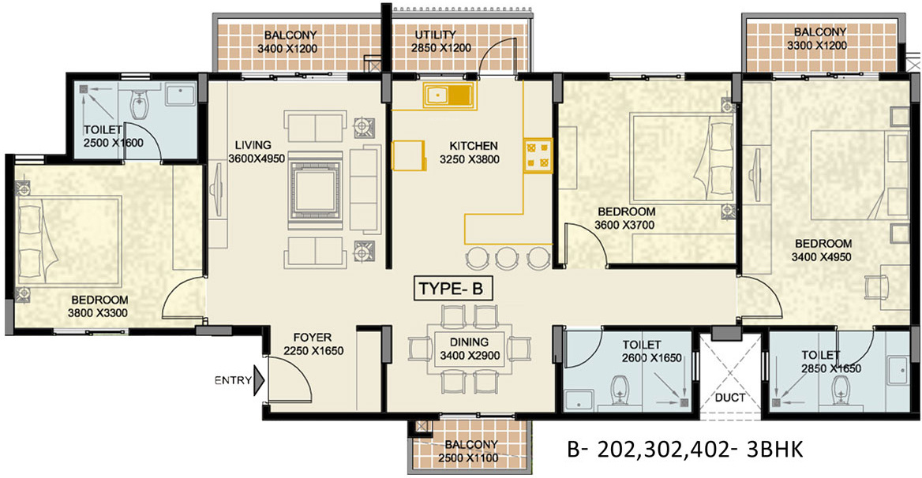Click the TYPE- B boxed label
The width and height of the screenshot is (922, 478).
(452, 289)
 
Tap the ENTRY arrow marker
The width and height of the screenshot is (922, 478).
(259, 380)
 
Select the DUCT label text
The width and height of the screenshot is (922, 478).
(730, 398)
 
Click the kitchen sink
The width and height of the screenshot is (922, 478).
(447, 95)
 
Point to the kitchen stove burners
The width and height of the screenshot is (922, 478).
(538, 155)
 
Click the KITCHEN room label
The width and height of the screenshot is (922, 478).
(474, 146)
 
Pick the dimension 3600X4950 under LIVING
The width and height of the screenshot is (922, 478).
(257, 158)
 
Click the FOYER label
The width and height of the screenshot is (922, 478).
(313, 338)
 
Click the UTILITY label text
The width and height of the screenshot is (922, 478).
(435, 35)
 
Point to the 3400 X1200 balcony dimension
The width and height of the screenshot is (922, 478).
(287, 48)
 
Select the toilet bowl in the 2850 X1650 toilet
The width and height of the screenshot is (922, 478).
(841, 392)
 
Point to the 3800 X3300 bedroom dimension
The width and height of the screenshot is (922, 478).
(98, 313)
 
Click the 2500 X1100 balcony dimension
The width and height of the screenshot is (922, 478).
(468, 458)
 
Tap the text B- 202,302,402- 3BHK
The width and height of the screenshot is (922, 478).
(685, 450)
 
